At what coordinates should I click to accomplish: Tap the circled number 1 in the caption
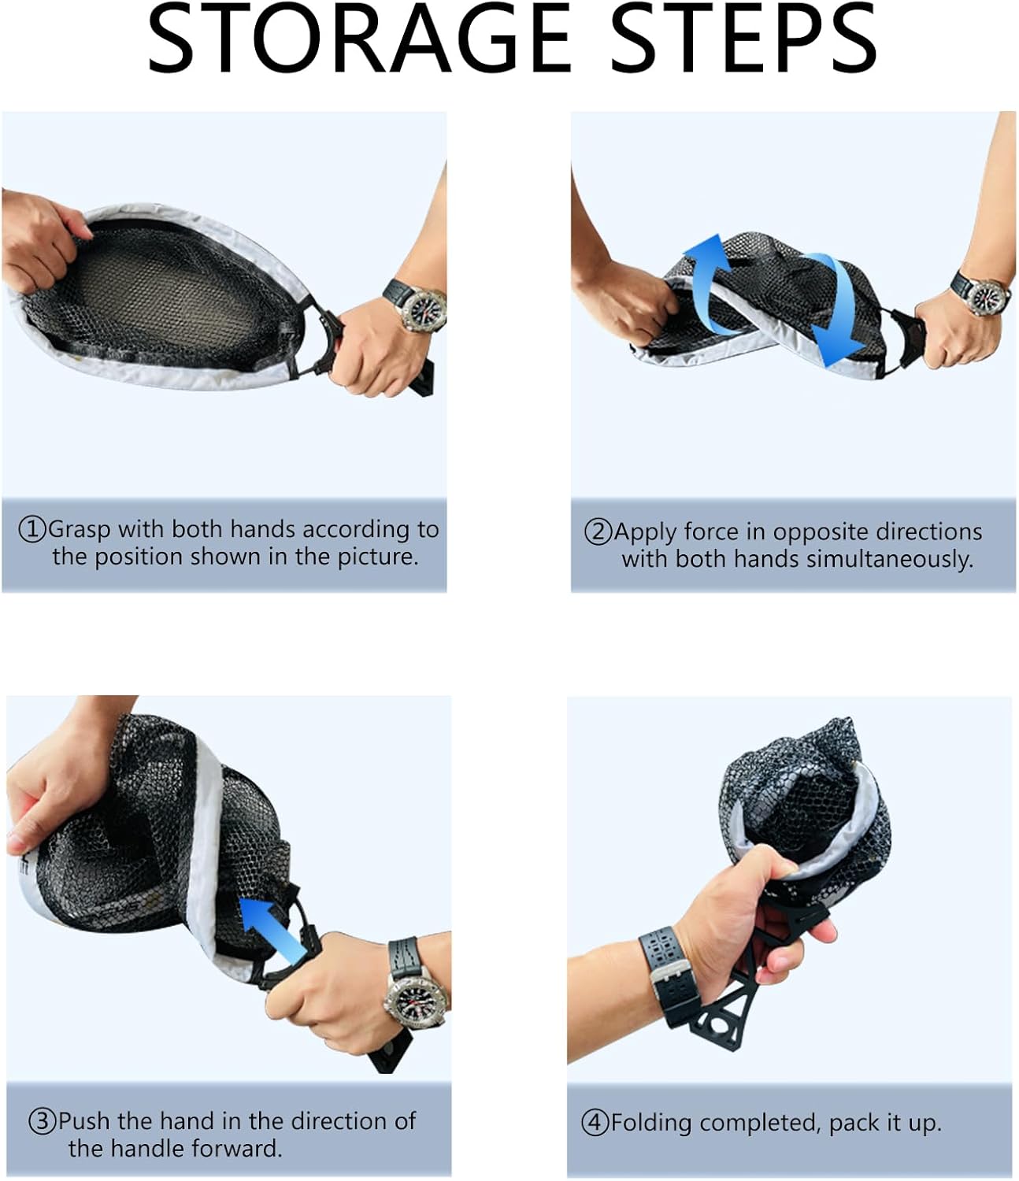click(32, 530)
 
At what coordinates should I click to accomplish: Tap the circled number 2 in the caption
click(598, 532)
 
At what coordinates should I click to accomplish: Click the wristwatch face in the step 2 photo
click(987, 297)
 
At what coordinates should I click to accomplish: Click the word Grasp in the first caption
click(79, 531)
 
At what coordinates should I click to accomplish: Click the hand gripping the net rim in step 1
click(40, 240)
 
